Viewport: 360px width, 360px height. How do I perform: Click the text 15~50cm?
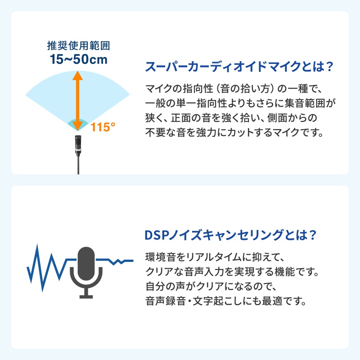click(79, 59)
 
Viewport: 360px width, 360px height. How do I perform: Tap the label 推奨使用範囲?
click(79, 46)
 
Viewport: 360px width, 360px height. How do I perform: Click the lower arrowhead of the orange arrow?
click(78, 125)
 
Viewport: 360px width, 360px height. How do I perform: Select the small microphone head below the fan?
click(78, 142)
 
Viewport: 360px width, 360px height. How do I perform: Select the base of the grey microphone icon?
click(86, 296)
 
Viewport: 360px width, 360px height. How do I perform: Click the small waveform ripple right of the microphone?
click(118, 261)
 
